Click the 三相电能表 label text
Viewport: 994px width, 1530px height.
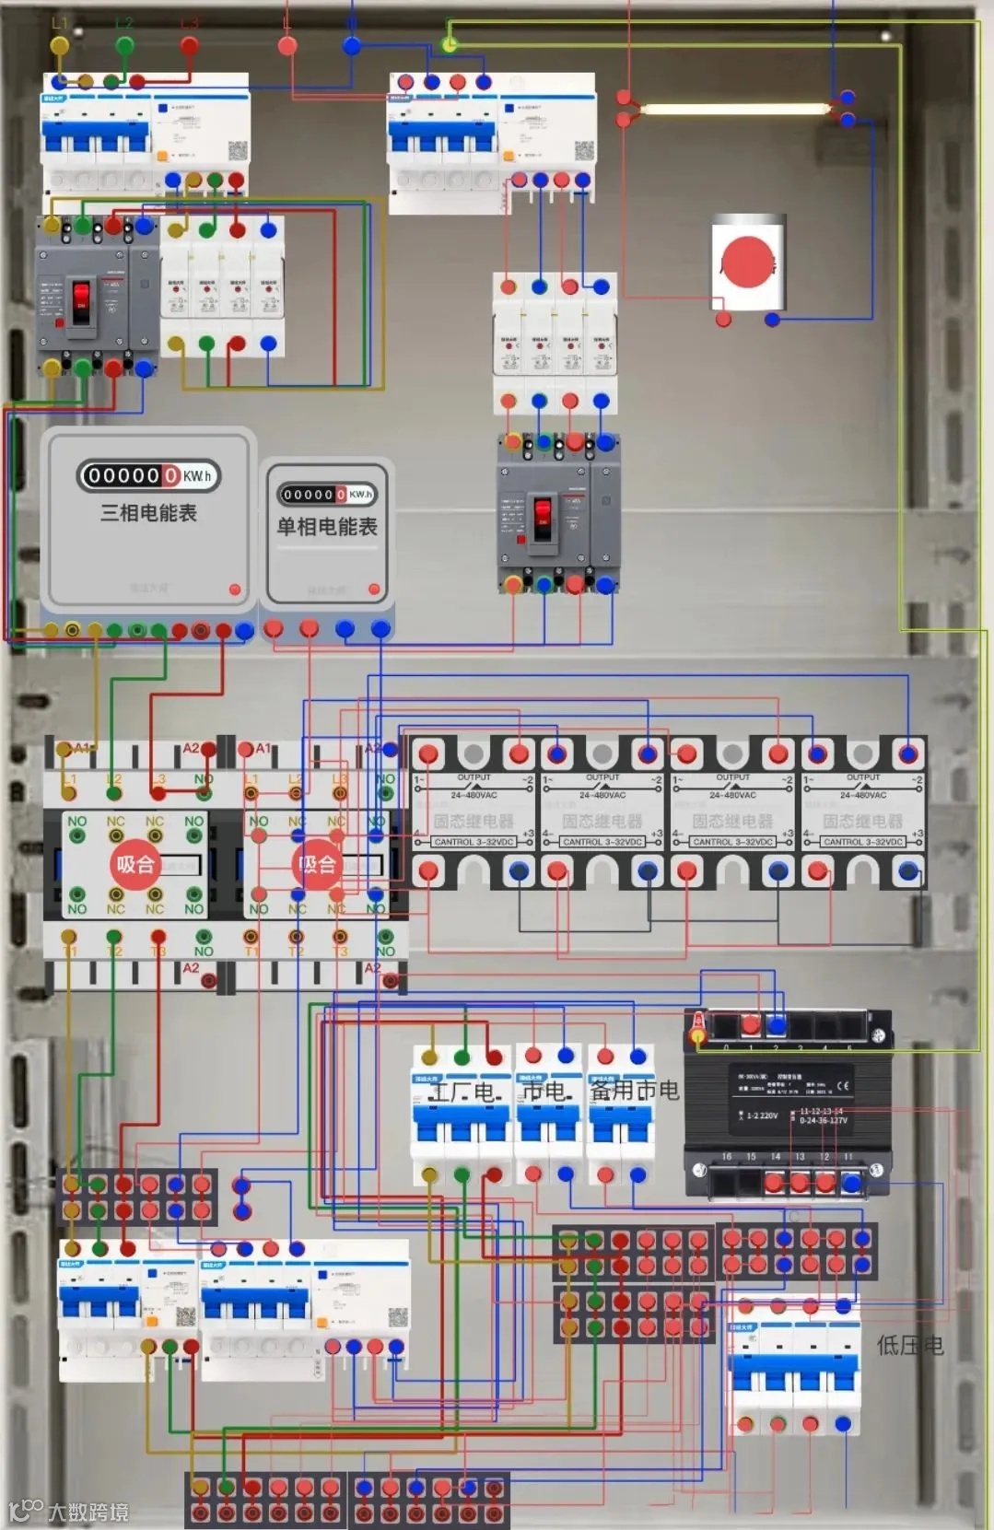pos(148,513)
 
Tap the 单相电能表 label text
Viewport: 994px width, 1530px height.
pos(327,527)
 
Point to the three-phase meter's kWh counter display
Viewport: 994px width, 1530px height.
pos(148,475)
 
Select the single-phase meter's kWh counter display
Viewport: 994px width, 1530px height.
pos(327,495)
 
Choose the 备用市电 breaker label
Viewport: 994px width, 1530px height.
pos(634,1091)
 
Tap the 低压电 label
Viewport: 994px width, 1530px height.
pos(909,1346)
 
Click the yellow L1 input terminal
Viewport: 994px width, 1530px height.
pos(59,45)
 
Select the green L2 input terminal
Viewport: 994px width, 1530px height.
pos(124,44)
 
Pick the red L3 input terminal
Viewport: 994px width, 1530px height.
pos(189,44)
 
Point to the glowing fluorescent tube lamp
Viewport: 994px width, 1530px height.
pos(734,109)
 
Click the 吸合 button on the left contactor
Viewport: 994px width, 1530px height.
pos(134,865)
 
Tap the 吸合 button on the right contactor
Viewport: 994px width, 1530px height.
pos(316,865)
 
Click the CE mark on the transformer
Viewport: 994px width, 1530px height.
pos(843,1086)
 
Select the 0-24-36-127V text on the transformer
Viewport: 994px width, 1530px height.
pos(823,1120)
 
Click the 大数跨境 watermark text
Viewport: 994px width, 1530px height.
pos(88,1512)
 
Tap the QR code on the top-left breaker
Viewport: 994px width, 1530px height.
pos(237,151)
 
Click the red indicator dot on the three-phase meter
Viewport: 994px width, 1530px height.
pos(234,590)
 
